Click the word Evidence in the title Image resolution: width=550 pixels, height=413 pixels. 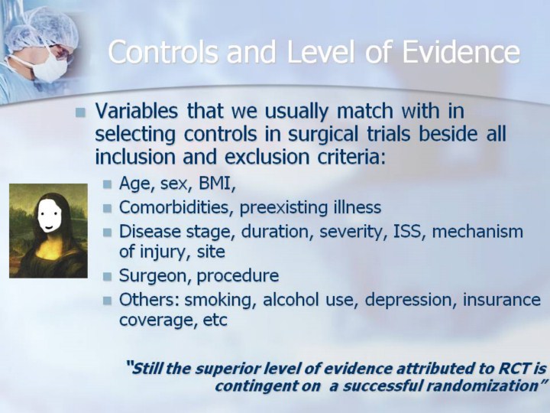click(461, 52)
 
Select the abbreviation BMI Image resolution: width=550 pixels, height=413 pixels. click(217, 183)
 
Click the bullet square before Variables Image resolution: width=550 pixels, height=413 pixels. click(80, 112)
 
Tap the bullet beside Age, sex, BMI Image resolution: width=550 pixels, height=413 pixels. click(108, 184)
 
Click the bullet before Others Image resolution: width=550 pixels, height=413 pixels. click(108, 301)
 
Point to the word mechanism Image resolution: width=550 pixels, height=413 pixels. click(477, 232)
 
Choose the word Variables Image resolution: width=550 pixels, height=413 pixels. click(136, 111)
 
